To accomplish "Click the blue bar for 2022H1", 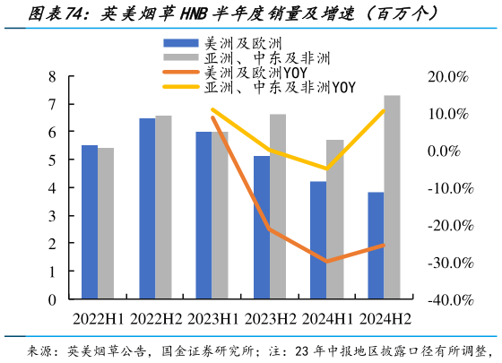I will click(90, 221).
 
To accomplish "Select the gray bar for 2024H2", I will click(393, 197).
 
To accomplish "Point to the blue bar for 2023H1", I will click(204, 215).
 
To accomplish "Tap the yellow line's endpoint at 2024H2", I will click(384, 110).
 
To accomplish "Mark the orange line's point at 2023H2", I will click(269, 229).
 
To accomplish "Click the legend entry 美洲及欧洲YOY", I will click(224, 72).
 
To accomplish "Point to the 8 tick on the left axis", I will click(52, 76).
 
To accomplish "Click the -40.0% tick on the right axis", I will click(448, 300).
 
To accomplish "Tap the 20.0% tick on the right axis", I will click(448, 76).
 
